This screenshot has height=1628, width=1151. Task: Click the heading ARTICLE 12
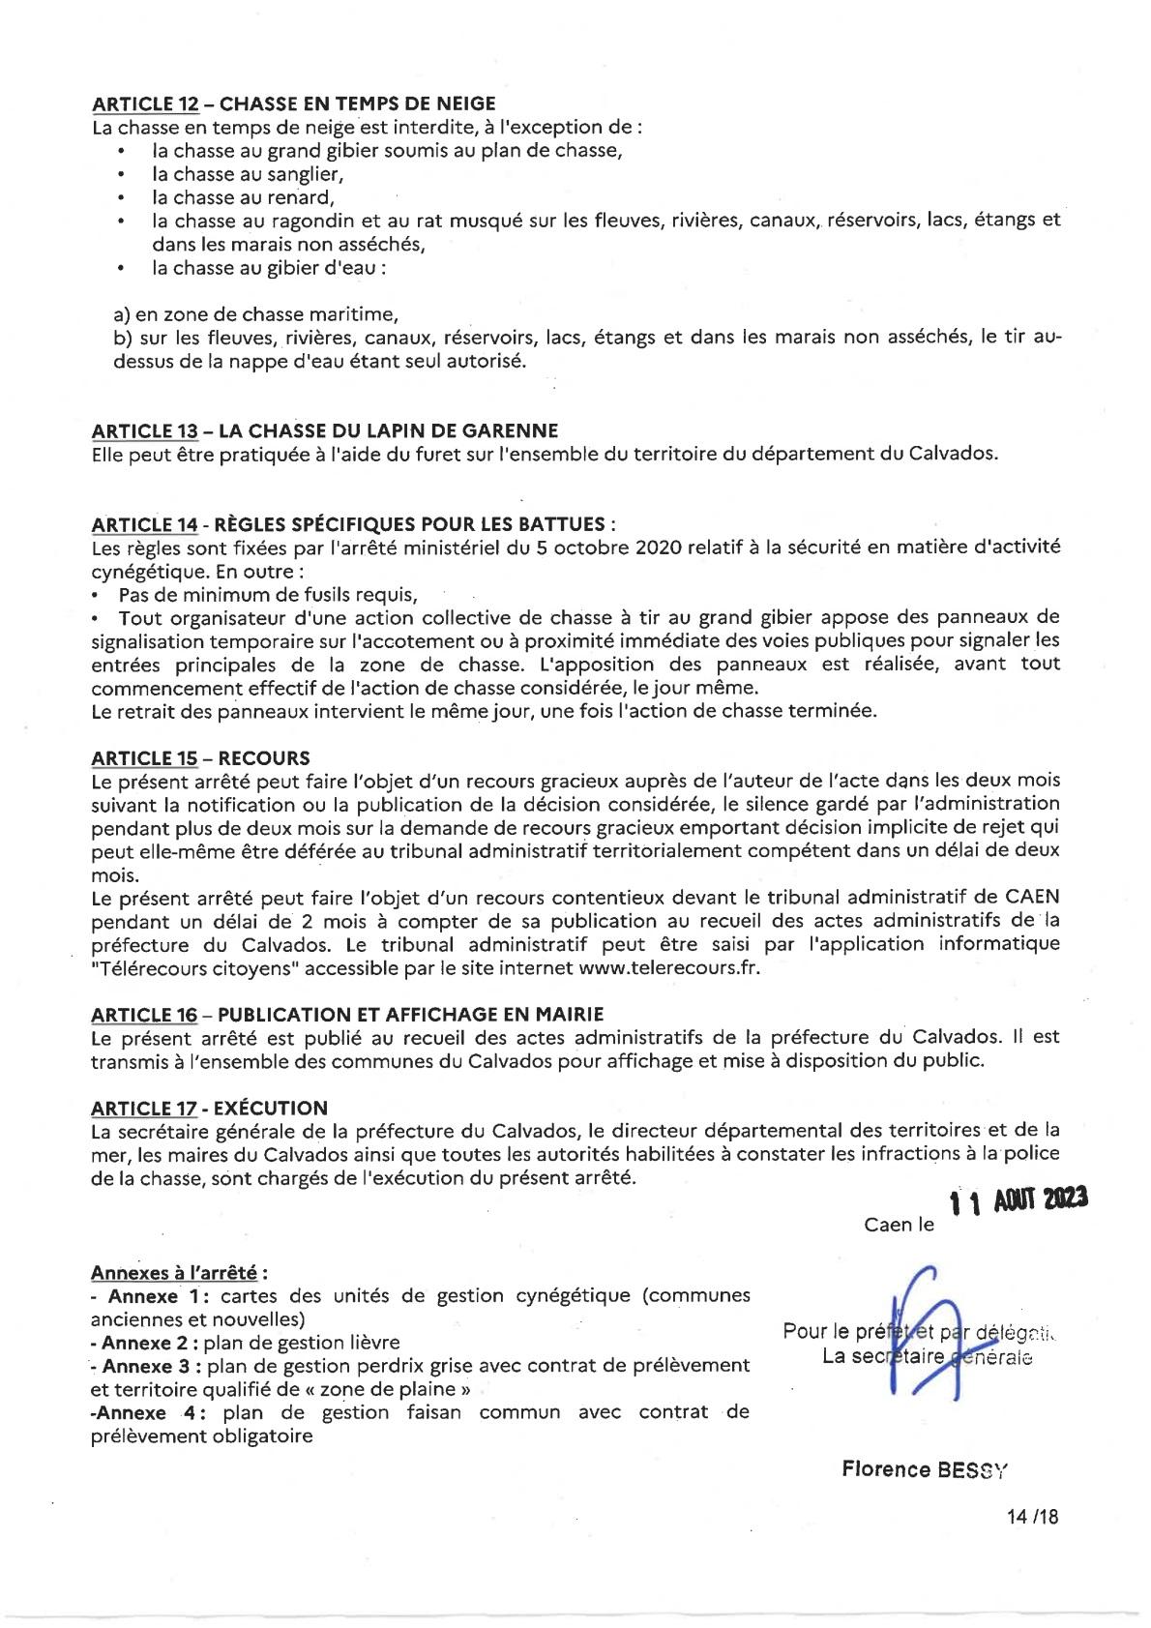tap(145, 104)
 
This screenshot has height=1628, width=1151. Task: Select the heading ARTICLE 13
tap(145, 430)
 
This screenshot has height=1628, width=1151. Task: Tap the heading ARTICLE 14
tap(145, 524)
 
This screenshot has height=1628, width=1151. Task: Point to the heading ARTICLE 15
tap(145, 757)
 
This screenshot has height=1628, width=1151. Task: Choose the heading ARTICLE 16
tap(145, 1014)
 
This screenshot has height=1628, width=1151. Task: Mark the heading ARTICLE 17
tap(145, 1108)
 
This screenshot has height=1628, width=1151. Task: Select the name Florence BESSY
tap(924, 1469)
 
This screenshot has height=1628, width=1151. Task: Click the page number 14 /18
tap(1032, 1517)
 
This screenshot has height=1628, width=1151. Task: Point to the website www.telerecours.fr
tap(667, 967)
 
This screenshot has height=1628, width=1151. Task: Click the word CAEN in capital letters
tap(1031, 898)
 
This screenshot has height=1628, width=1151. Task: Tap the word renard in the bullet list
tap(302, 198)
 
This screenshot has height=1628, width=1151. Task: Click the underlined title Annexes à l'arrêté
tap(179, 1273)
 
